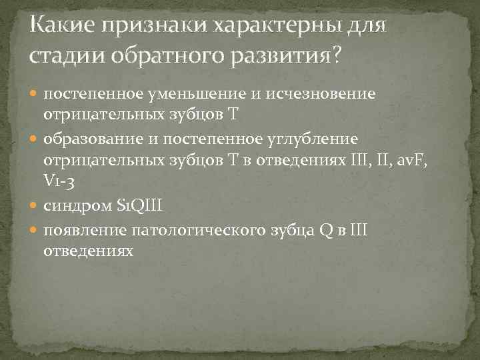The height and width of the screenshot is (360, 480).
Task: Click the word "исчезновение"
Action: pos(320,94)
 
